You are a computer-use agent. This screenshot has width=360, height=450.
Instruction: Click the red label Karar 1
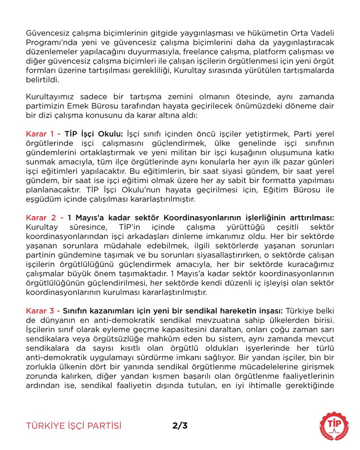coord(41,134)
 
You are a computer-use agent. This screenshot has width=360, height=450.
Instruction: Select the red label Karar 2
coord(41,217)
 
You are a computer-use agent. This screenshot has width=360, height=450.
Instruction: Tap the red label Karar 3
coord(41,311)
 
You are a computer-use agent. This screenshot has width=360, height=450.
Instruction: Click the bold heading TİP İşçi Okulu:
coord(94,134)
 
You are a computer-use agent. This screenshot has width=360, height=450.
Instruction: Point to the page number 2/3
coord(180,426)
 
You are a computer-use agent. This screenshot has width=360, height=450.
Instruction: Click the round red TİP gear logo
coord(334,426)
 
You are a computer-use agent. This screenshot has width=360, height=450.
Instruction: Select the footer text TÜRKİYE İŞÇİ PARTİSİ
coord(74,426)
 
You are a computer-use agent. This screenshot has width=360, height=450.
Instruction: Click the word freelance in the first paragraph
coord(210,51)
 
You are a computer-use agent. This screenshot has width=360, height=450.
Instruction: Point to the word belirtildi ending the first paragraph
coord(42,79)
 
